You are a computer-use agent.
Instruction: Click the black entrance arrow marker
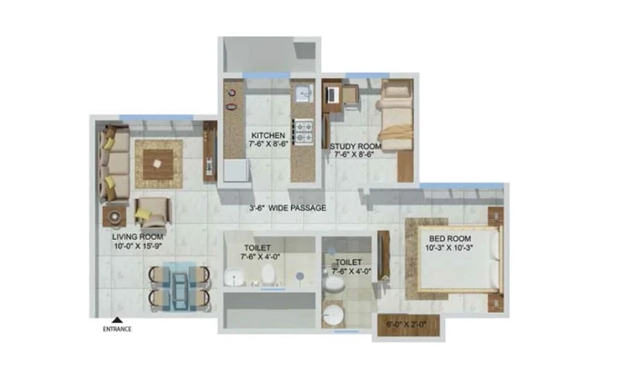click(117, 320)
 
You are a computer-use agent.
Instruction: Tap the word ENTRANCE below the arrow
click(117, 329)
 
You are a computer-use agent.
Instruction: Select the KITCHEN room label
click(268, 135)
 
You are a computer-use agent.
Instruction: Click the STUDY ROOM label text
click(355, 146)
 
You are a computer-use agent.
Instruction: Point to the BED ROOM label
click(450, 238)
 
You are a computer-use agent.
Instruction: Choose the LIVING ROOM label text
click(138, 237)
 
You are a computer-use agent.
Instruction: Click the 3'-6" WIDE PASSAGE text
click(287, 208)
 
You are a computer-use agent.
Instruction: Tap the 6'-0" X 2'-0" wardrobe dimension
click(406, 324)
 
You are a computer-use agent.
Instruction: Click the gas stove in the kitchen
click(303, 132)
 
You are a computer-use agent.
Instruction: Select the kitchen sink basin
click(304, 94)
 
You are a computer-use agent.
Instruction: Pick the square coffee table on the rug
click(158, 164)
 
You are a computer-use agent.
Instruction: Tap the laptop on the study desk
click(332, 94)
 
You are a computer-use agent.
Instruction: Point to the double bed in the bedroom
click(458, 259)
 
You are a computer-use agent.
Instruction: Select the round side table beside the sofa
click(115, 217)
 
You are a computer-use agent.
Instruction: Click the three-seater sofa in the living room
click(114, 163)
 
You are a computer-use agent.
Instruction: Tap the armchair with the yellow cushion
click(153, 212)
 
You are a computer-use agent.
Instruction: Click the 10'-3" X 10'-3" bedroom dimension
click(449, 248)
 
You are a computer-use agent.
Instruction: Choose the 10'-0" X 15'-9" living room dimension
click(138, 246)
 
